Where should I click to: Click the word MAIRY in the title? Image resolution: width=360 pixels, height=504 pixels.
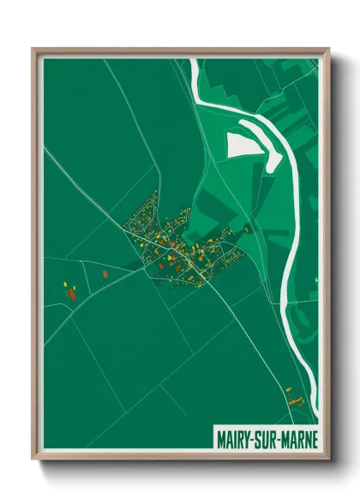(232, 438)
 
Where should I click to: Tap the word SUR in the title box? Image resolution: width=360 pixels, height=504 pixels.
(266, 438)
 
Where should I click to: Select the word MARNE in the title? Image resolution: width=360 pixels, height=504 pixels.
(299, 438)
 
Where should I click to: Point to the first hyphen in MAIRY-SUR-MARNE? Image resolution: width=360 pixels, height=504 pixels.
(252, 439)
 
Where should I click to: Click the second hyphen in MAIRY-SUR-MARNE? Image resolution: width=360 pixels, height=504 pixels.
(279, 439)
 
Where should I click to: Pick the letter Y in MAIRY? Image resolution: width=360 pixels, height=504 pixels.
(246, 438)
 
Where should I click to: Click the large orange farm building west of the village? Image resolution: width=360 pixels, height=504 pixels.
(73, 292)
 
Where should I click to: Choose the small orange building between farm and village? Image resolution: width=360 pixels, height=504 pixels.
(105, 273)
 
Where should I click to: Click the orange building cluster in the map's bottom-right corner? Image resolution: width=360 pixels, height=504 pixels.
(296, 396)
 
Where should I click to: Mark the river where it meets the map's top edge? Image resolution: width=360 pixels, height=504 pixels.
(195, 62)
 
